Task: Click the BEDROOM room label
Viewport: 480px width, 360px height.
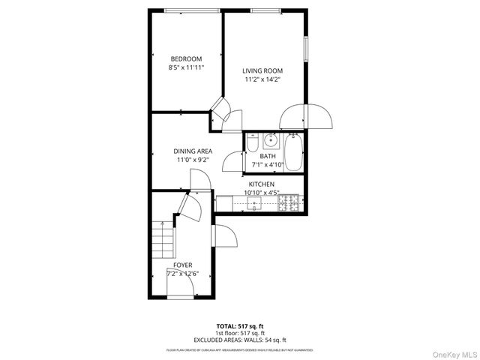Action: (186, 59)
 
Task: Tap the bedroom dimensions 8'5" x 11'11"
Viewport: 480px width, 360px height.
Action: (186, 67)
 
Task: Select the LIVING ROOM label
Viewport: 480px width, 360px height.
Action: (262, 71)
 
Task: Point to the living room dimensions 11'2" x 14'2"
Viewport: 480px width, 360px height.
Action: (262, 79)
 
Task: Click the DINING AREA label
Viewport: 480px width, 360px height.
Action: (193, 151)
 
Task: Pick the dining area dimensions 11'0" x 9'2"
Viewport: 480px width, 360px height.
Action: (193, 160)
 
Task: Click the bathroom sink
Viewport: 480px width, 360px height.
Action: (271, 140)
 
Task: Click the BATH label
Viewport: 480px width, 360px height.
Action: (268, 157)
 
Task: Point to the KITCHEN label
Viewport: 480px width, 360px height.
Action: (262, 184)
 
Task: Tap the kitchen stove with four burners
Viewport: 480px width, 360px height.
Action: (290, 202)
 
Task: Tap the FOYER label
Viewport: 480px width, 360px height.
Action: (182, 265)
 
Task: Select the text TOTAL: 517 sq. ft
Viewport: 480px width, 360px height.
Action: (240, 326)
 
